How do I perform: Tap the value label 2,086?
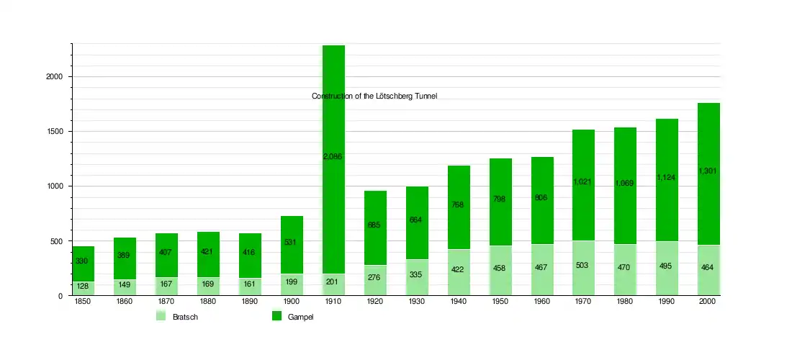pos(333,156)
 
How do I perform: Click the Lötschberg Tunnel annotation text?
pos(374,96)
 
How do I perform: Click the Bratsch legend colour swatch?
pos(161,316)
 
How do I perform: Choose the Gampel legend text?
pos(300,317)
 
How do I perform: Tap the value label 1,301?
pos(709,171)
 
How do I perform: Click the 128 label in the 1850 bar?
pos(83,287)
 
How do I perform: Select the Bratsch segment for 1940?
pos(459,272)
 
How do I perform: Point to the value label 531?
pos(292,242)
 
